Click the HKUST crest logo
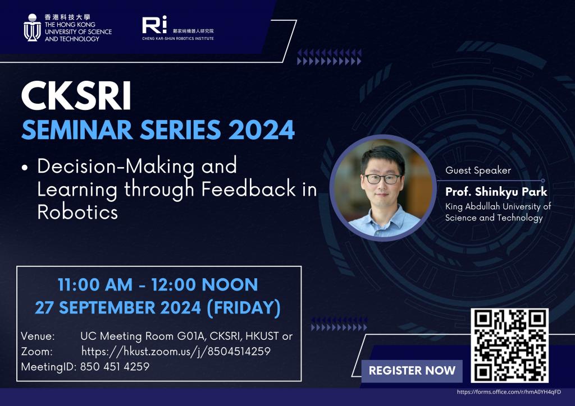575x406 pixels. [32, 27]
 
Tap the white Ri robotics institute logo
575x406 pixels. [154, 25]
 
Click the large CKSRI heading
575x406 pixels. [76, 96]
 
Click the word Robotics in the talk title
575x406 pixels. [77, 211]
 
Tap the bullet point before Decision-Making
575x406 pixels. [25, 168]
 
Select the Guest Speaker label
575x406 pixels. [478, 170]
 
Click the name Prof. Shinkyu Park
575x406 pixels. [496, 191]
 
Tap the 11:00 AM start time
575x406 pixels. [95, 285]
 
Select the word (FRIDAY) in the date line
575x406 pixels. [244, 308]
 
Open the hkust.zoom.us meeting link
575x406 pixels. [176, 352]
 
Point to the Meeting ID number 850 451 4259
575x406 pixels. [115, 366]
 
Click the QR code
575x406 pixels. [510, 345]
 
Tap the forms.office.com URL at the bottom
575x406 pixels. [509, 392]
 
